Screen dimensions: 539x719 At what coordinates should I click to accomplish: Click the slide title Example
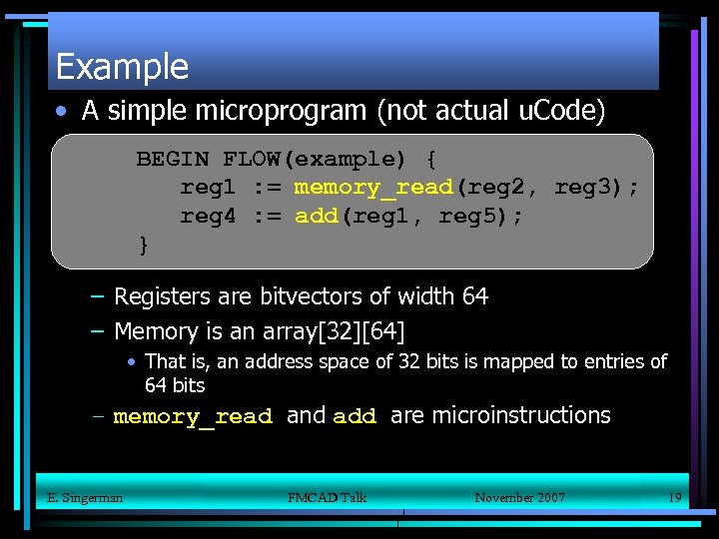click(122, 67)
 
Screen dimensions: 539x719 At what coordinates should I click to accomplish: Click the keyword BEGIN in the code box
click(172, 159)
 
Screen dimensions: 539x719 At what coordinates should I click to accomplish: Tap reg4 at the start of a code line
click(208, 216)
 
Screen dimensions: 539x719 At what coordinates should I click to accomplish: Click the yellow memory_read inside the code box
click(373, 188)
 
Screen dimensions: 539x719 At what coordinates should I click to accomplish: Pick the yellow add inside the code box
click(317, 216)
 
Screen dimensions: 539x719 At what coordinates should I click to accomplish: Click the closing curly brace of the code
click(143, 245)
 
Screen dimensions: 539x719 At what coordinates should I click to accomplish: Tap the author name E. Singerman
click(85, 497)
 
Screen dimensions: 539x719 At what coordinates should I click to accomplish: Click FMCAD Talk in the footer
click(327, 497)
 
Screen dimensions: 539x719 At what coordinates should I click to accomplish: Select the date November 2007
click(519, 497)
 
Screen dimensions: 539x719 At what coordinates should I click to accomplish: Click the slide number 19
click(674, 497)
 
